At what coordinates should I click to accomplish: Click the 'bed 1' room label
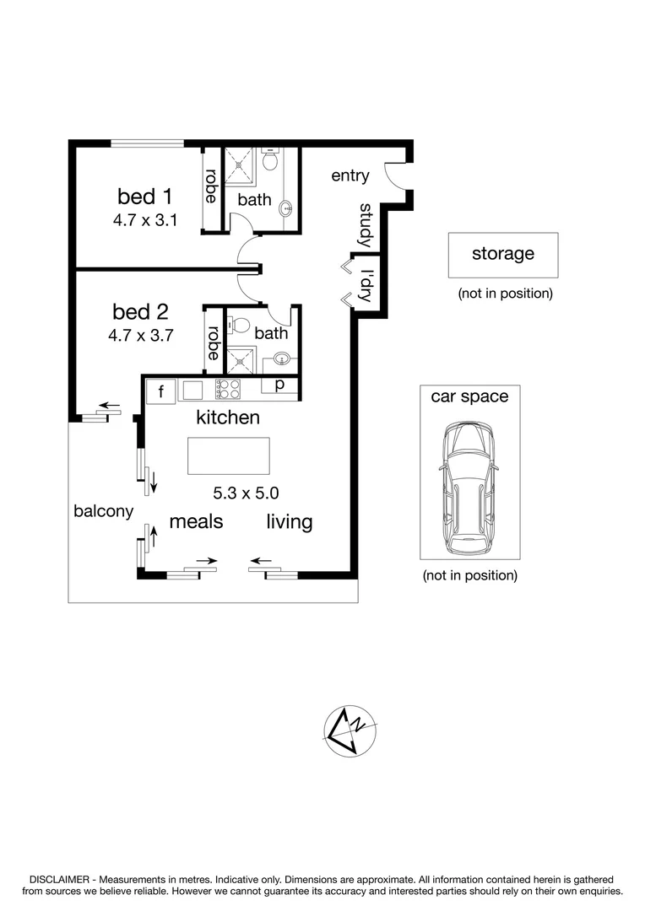tap(144, 197)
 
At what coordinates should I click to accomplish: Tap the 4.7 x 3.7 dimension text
tap(140, 335)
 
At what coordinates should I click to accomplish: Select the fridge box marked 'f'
tap(159, 391)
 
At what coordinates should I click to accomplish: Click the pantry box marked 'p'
tap(279, 385)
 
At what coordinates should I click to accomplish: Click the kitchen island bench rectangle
tap(229, 456)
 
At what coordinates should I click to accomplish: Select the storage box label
tap(502, 253)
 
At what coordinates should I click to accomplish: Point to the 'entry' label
tap(350, 175)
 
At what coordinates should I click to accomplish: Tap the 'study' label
tap(366, 225)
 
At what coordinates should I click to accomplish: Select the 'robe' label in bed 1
tap(212, 187)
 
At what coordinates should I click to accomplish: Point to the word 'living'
tap(290, 522)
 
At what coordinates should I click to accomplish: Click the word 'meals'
tap(197, 521)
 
